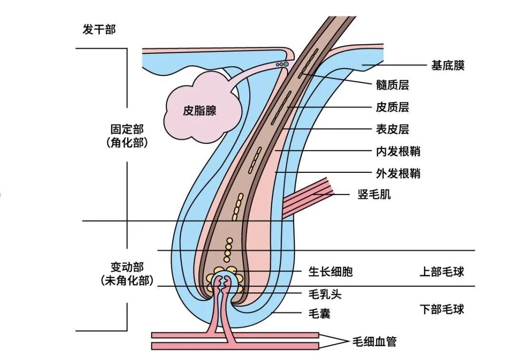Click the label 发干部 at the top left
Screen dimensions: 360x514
click(x=99, y=30)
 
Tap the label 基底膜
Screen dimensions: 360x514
click(x=447, y=66)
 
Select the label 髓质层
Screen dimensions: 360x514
click(x=392, y=85)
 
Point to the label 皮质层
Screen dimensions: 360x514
click(x=392, y=107)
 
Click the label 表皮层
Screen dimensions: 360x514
click(x=392, y=129)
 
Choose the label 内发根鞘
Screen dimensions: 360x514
click(x=398, y=151)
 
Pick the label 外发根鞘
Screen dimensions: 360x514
click(x=398, y=173)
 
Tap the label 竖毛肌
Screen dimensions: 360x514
click(x=374, y=194)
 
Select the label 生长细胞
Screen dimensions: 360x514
click(x=331, y=272)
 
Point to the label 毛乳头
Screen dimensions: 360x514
click(x=325, y=294)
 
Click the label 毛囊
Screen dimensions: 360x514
click(x=319, y=314)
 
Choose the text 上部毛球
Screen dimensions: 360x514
click(x=442, y=272)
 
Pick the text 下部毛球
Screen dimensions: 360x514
click(x=442, y=309)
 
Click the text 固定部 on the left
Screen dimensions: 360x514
click(x=127, y=130)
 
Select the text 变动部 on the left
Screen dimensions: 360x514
click(x=127, y=267)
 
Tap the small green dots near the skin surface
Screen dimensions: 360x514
click(x=282, y=63)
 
